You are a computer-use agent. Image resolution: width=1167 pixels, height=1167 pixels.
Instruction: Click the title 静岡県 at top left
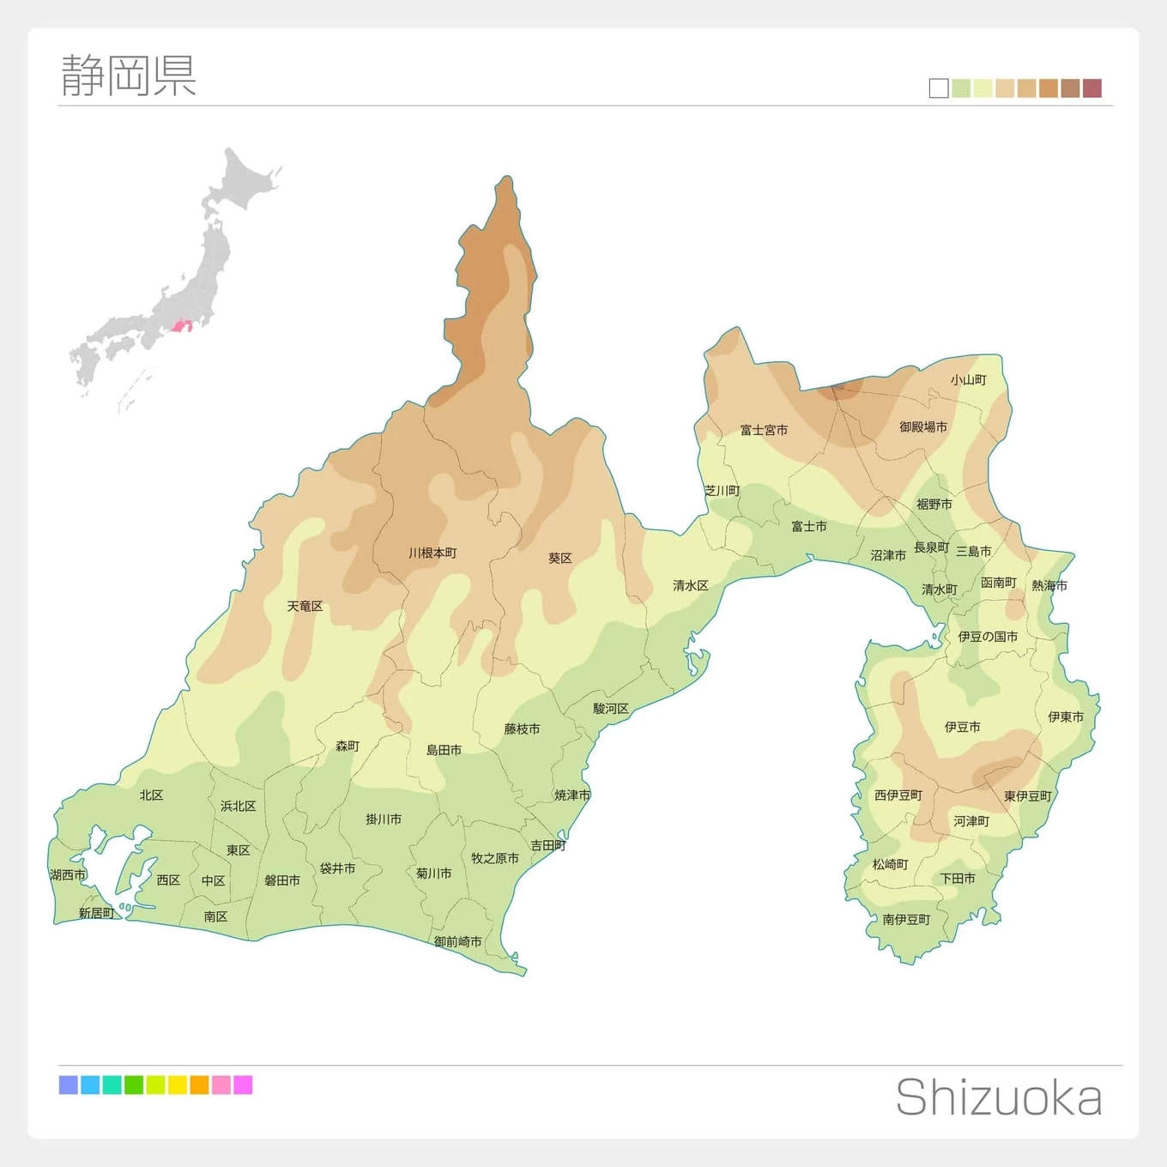coord(129,76)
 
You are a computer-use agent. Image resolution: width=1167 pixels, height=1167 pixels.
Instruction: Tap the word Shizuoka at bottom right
coord(999,1097)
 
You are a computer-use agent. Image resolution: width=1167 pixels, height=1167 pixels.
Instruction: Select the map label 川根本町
coord(432,553)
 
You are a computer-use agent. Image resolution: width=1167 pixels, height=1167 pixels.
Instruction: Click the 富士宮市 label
coord(764,430)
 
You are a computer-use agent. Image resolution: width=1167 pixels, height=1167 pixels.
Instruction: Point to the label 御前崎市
coord(457,941)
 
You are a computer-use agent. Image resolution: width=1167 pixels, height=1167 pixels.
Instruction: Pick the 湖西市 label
coord(68,875)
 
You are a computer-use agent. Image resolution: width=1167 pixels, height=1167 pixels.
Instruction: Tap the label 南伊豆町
coord(906,920)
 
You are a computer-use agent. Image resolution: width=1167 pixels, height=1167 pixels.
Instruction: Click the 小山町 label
coord(968,380)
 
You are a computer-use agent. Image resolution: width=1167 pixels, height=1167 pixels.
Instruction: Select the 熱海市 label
coord(1049,586)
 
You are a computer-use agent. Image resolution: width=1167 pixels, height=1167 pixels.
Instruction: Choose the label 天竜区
coord(305,607)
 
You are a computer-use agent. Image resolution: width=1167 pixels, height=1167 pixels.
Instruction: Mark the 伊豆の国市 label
coord(988,637)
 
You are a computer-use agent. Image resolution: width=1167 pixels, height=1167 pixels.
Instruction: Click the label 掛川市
coord(384,819)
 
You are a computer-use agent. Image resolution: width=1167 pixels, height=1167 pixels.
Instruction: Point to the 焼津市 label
coord(572,795)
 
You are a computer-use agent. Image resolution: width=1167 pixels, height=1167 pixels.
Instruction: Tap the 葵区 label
coord(559,559)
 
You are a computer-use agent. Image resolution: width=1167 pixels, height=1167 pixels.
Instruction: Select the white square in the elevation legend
coord(939,88)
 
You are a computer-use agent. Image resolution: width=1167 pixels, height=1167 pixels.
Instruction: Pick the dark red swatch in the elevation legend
coord(1091,88)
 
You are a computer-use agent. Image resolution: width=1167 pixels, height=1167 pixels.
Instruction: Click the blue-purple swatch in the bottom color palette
coord(69,1085)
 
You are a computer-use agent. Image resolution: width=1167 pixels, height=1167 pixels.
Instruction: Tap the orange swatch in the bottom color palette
coord(199,1085)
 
